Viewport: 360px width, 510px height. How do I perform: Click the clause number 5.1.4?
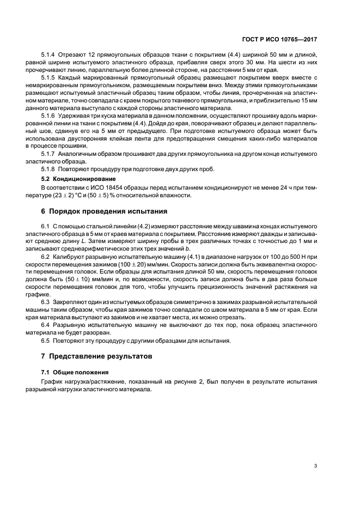click(x=50, y=55)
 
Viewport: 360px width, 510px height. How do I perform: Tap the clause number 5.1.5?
click(x=50, y=78)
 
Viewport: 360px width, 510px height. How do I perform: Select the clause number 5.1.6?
click(x=50, y=117)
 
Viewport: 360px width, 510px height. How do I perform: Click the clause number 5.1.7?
click(x=50, y=155)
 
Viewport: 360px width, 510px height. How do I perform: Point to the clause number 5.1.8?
click(x=50, y=168)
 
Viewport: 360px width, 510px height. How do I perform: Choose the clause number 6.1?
click(x=46, y=226)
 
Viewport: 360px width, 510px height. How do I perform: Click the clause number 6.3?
click(x=46, y=302)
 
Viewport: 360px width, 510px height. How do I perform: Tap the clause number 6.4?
click(x=46, y=325)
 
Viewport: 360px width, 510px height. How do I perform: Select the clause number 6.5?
click(x=46, y=341)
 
